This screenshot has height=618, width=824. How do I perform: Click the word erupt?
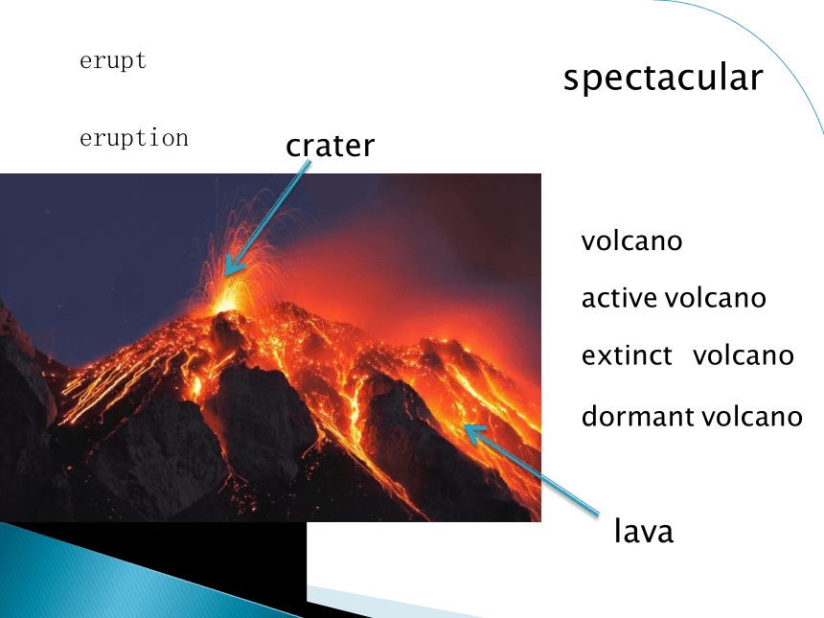point(113,61)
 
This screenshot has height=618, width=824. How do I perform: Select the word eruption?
point(134,138)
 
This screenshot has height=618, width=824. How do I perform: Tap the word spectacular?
point(663,79)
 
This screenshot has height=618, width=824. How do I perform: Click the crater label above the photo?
point(330,146)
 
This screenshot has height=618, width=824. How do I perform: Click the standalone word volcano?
point(631,241)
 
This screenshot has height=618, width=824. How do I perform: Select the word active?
point(620,298)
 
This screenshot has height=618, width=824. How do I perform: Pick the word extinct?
point(627,355)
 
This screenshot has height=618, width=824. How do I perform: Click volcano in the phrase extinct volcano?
point(744,355)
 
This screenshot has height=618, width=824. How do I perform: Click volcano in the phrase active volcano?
point(715,298)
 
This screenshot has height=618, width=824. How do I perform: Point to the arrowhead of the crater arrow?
point(226,274)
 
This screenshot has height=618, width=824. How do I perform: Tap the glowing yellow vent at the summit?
point(227,302)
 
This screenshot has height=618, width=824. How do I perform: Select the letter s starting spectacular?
point(571,80)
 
